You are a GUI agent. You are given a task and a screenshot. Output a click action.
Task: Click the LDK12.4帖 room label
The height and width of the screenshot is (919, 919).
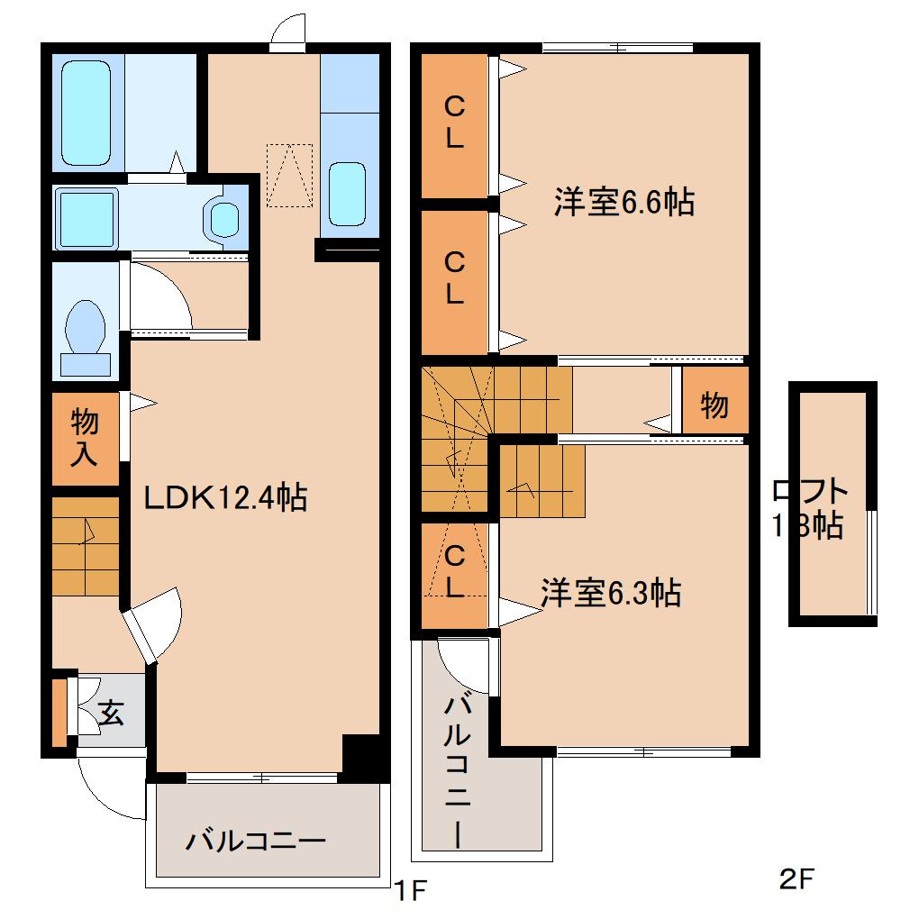click(226, 496)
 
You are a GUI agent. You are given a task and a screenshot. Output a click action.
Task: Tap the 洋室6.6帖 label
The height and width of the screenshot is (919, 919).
click(623, 203)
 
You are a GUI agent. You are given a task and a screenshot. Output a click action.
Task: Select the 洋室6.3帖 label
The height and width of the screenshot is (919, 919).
click(610, 593)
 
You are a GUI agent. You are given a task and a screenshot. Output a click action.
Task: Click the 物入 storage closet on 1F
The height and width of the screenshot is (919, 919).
click(85, 438)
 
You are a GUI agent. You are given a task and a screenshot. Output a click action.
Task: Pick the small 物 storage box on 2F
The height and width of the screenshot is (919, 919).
click(714, 406)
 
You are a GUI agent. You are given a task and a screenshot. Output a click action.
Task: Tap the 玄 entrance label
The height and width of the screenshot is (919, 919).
click(110, 714)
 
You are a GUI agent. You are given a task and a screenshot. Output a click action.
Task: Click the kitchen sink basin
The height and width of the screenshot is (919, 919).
click(346, 193)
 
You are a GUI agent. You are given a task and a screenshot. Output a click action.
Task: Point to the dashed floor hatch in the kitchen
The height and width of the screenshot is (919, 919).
click(288, 175)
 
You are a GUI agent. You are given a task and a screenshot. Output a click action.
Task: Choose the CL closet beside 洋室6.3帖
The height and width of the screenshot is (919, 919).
click(454, 573)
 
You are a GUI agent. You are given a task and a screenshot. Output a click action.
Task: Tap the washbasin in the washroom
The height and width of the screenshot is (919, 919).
click(222, 217)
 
